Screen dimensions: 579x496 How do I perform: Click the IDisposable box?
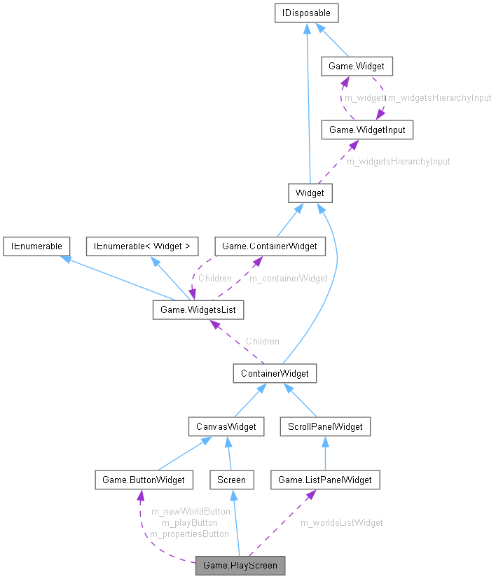point(307,13)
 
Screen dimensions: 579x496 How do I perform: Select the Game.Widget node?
point(356,67)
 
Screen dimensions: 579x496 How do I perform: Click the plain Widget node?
point(310,193)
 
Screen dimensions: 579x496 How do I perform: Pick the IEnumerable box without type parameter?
point(36,246)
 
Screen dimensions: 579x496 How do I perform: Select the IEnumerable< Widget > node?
point(142,246)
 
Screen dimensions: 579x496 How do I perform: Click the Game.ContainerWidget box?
point(270,246)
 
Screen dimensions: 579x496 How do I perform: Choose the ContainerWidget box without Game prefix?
point(275,373)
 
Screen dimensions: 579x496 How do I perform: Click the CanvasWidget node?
point(226,426)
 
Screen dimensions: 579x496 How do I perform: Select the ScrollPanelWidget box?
point(324,426)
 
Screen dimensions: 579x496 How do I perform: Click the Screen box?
point(231,480)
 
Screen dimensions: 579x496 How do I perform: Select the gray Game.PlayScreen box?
point(240,565)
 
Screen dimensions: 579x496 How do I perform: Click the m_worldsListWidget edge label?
point(342,522)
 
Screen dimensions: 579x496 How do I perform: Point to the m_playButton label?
point(189,522)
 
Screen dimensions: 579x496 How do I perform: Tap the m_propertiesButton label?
point(189,533)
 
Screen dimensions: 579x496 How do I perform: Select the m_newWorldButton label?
point(191,511)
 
